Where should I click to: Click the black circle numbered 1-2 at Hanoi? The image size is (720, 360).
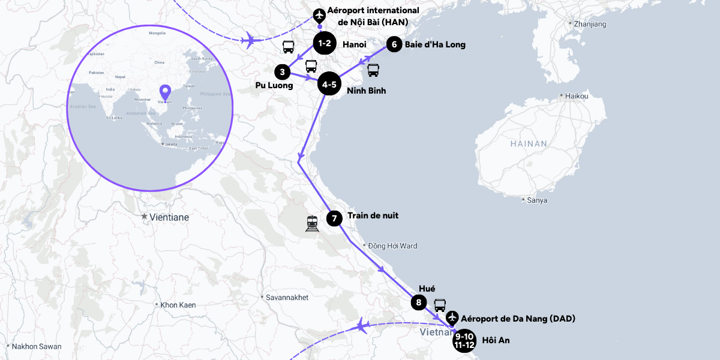325,44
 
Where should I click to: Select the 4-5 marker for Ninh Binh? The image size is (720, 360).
329,85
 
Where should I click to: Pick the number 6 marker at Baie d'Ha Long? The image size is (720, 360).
394,44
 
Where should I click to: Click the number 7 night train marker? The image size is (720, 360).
334,218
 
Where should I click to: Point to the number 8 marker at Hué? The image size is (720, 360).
419,302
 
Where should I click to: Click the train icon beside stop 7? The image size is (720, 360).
312,223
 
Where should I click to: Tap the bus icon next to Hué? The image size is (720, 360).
440,305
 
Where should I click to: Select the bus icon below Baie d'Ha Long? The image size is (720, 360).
373,70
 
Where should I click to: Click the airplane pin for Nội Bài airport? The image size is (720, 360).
319,15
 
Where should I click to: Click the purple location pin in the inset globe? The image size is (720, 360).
165,93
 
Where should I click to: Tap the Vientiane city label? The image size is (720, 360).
169,217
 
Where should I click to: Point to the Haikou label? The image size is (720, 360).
576,96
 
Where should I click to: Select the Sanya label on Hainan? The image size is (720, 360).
536,200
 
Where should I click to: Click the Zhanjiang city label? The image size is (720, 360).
590,24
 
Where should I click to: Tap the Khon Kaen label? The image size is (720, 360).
178,305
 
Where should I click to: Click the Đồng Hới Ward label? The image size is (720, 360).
392,246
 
